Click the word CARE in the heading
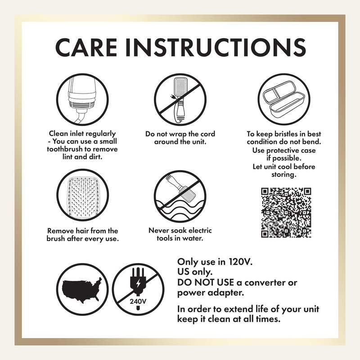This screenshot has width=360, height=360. [x=86, y=47]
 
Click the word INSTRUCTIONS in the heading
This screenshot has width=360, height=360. [x=216, y=47]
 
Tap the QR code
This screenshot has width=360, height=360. [x=286, y=212]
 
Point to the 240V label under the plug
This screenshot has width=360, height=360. [x=138, y=301]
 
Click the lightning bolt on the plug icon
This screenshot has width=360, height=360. [x=138, y=284]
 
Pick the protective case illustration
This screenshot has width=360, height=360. [x=284, y=99]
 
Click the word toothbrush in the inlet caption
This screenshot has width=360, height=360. [x=65, y=149]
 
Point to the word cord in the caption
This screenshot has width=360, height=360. [x=207, y=134]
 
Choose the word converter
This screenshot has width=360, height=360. [x=271, y=283]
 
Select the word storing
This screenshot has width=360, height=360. [x=284, y=175]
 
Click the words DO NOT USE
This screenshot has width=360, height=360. [x=206, y=283]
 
